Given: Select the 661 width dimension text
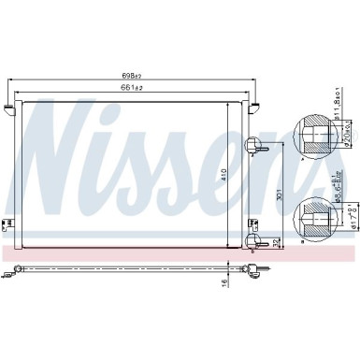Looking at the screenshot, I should coord(132,88).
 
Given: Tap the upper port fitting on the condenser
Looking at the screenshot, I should coord(258,144).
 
